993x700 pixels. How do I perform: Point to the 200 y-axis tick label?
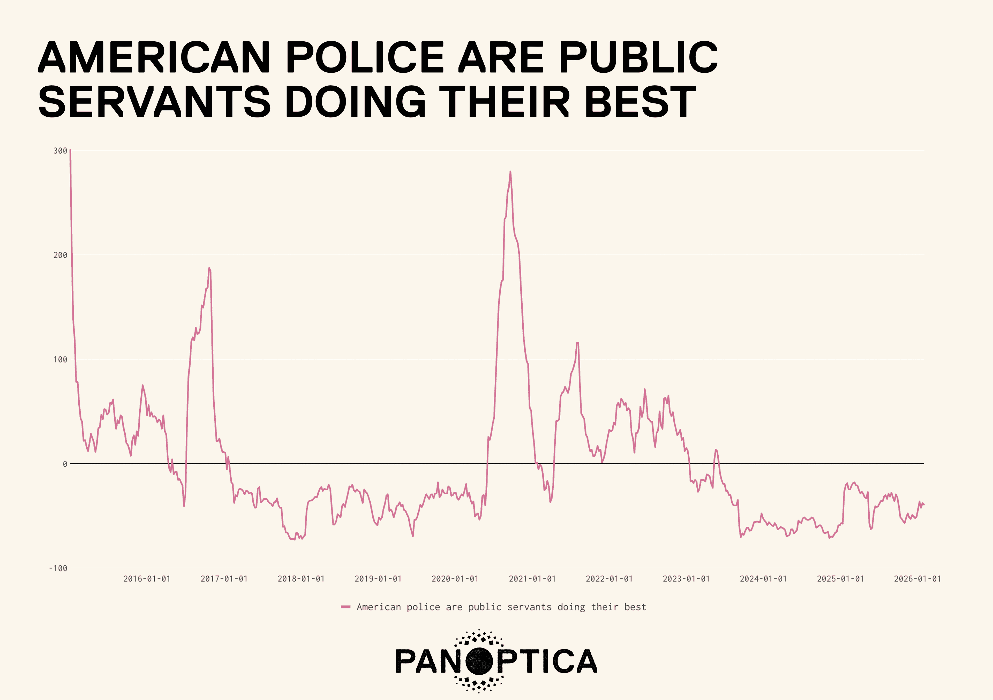[x=60, y=255]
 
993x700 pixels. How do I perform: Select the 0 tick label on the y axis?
[x=65, y=464]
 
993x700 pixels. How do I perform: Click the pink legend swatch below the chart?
[x=345, y=607]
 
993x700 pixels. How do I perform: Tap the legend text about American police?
[x=501, y=607]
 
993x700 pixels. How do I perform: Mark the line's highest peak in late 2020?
[x=510, y=172]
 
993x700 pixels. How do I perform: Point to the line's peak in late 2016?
[x=209, y=268]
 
